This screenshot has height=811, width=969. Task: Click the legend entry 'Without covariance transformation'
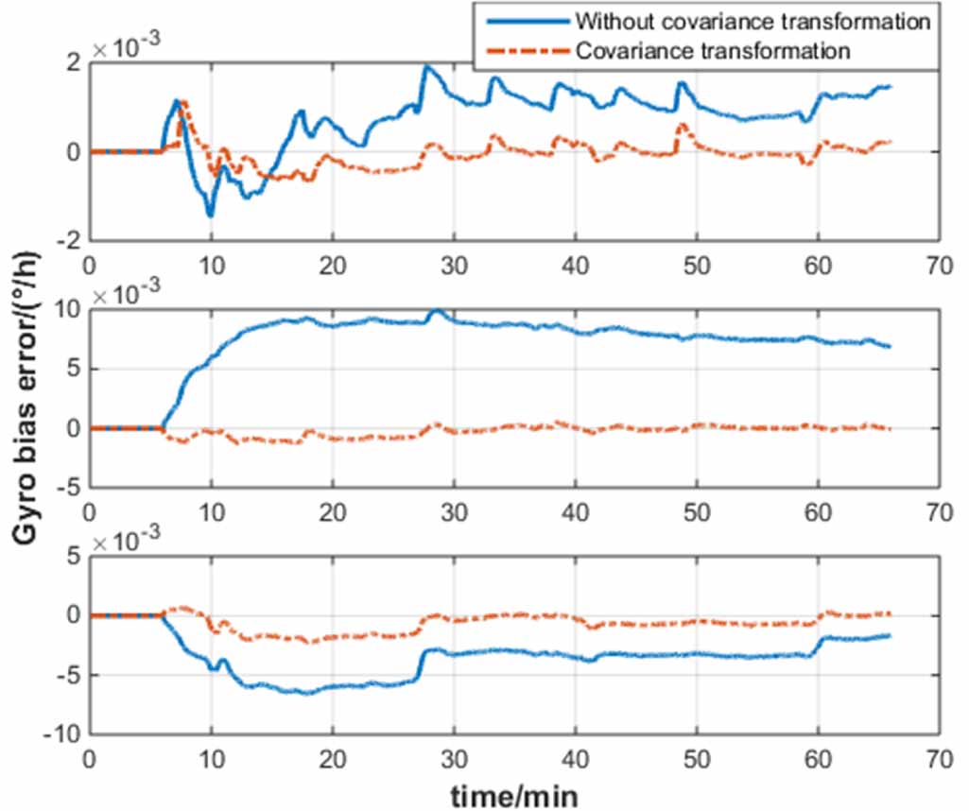click(x=752, y=21)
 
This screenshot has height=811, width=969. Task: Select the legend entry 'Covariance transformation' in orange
click(x=712, y=50)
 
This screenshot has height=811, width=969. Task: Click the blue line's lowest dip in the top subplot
click(x=210, y=216)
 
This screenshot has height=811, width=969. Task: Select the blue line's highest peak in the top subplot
click(x=426, y=66)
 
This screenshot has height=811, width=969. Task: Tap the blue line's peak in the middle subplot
click(x=436, y=310)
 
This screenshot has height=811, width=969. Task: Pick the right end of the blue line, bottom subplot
click(x=890, y=635)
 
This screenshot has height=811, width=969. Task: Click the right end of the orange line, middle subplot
click(x=890, y=429)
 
